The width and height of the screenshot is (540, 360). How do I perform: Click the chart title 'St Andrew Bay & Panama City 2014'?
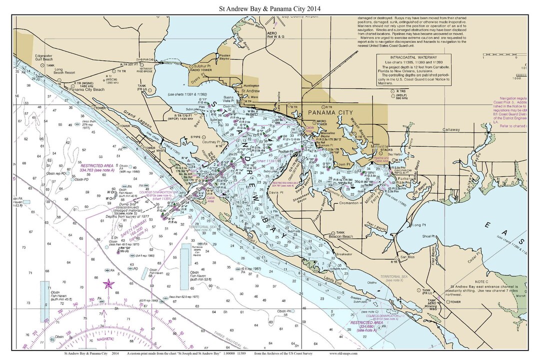pyautogui.click(x=269, y=8)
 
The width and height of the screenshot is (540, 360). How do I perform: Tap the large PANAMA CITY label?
pyautogui.click(x=330, y=113)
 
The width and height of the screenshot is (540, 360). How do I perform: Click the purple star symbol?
pyautogui.click(x=107, y=285)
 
